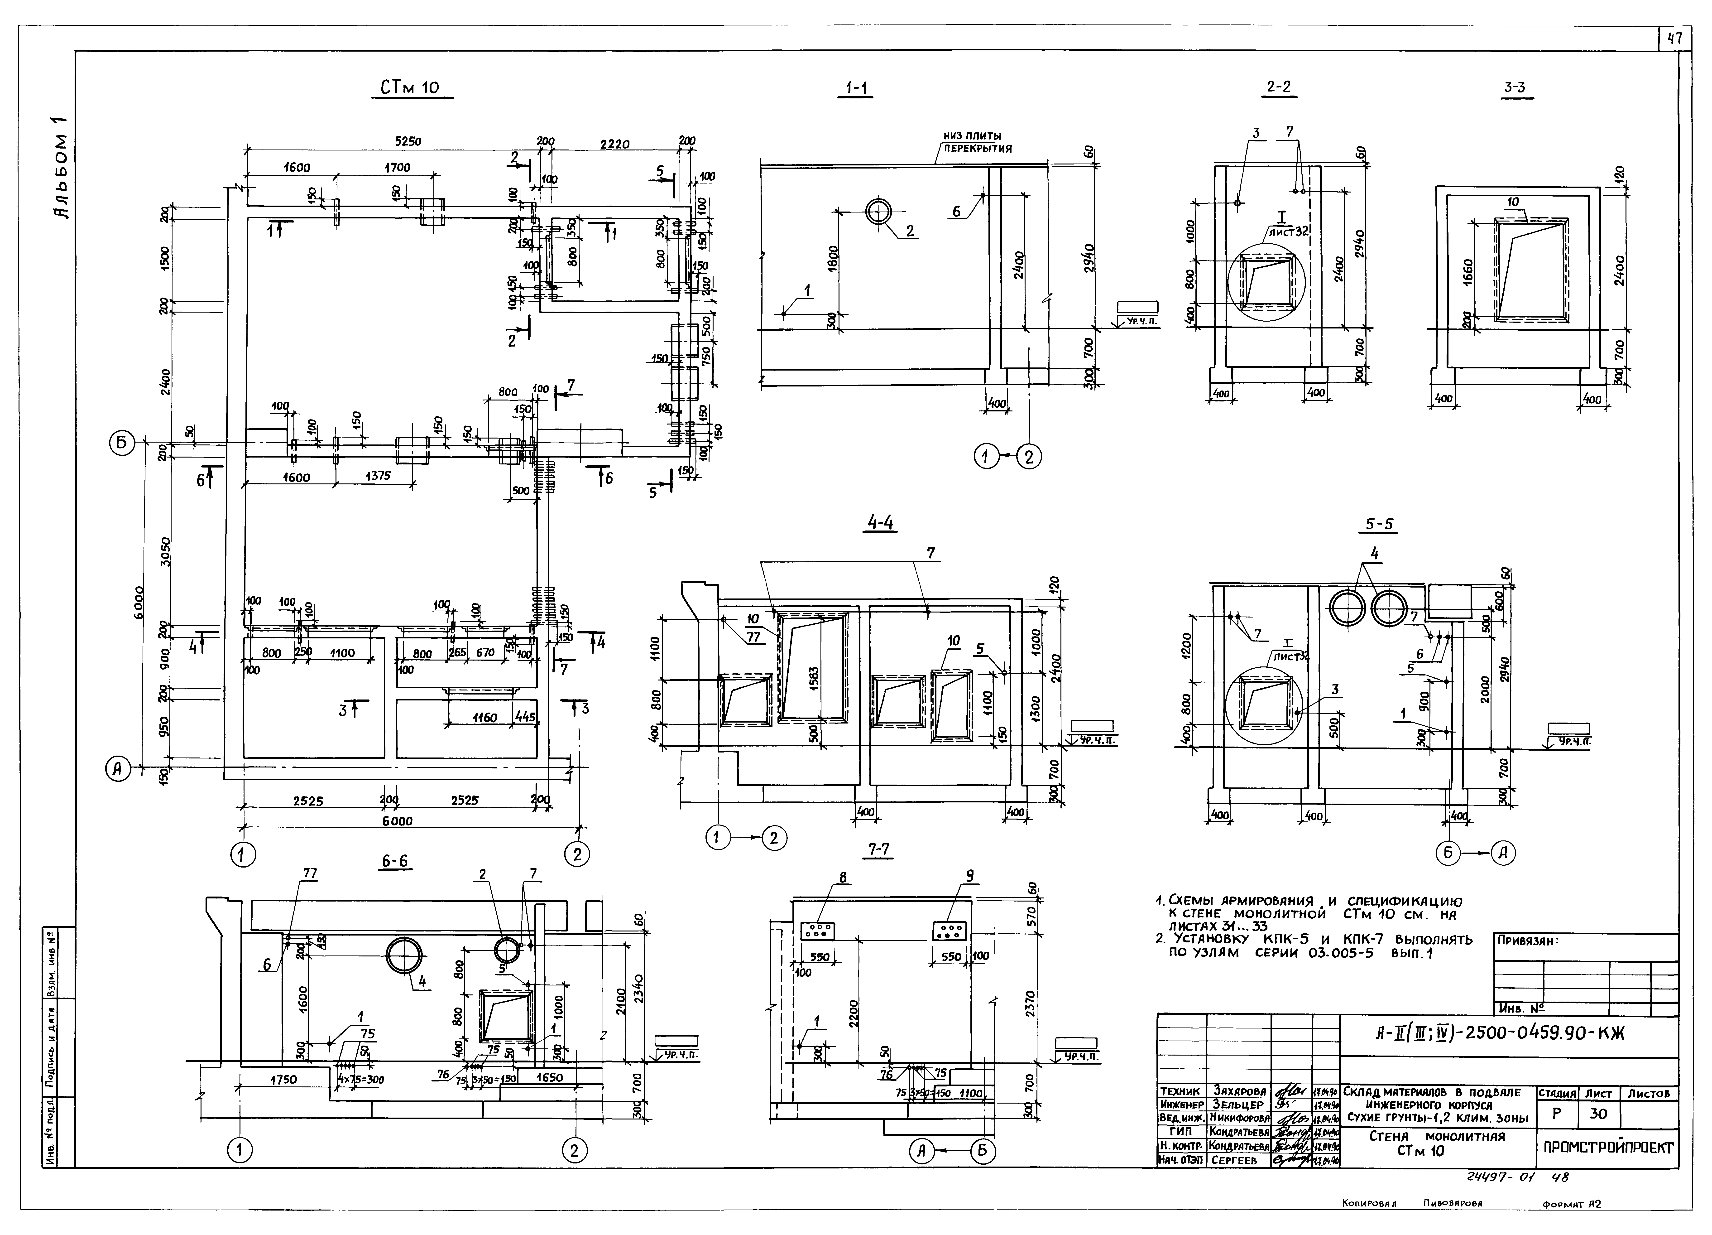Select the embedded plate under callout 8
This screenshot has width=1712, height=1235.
click(817, 931)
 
